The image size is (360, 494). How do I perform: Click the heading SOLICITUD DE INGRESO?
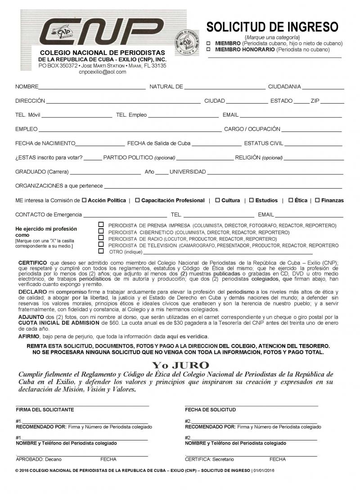272,26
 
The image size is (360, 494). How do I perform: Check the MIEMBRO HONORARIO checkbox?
208,50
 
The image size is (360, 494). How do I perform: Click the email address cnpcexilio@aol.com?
103,72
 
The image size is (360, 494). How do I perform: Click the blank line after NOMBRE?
92,87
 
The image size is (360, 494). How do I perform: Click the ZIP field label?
315,101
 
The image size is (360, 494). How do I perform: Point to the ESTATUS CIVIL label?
263,143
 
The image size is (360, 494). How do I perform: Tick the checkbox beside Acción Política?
84,200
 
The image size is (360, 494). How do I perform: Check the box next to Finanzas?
317,200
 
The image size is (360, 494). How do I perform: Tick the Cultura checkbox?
217,200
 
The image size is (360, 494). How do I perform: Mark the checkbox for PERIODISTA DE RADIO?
101,238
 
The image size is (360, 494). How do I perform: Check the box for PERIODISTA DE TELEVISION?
101,245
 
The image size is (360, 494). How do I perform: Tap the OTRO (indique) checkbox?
101,251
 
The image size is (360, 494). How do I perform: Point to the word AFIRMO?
29,336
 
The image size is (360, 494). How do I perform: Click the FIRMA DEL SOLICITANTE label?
45,410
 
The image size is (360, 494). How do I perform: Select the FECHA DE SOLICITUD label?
210,410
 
